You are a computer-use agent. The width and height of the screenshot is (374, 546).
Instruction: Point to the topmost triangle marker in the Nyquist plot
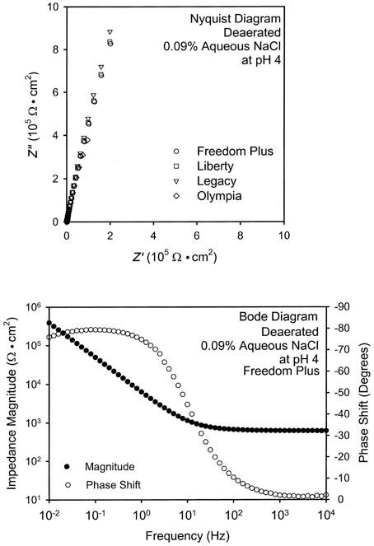click(110, 32)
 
